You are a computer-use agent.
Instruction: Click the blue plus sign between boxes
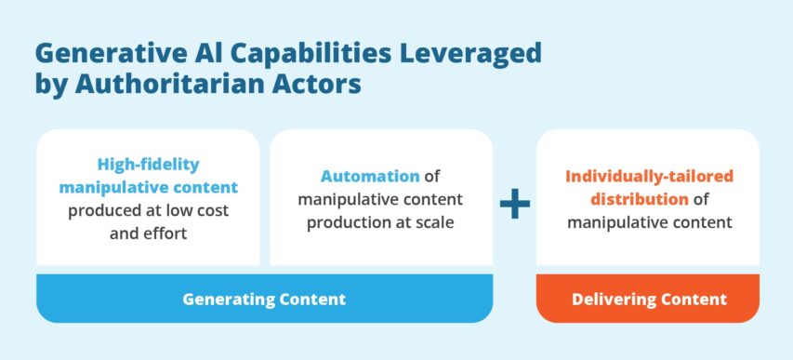514,206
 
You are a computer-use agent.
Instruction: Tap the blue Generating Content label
264,299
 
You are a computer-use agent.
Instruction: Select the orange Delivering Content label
647,299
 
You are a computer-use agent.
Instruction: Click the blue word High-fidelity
148,165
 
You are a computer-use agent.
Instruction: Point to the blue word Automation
369,176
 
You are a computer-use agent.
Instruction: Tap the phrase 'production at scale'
380,222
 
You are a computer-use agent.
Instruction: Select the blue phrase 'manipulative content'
148,187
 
